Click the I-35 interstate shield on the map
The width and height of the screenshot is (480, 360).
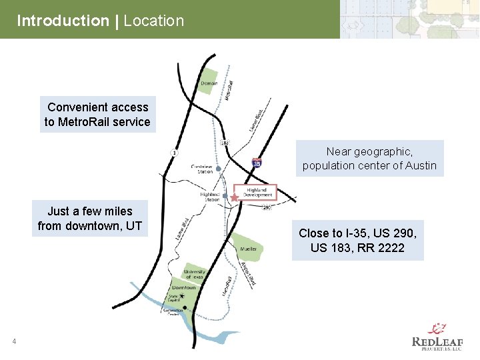pos(257,162)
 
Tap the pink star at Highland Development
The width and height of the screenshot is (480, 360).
pos(234,197)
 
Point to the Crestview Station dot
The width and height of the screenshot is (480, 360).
pos(218,169)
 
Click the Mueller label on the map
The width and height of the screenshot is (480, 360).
pos(248,249)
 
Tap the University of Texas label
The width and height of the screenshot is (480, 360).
pos(195,274)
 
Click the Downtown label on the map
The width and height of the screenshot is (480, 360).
pos(183,287)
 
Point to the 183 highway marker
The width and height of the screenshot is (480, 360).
pos(225,142)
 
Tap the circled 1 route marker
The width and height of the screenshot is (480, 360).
pos(174,153)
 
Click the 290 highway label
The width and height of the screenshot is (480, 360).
pos(267,207)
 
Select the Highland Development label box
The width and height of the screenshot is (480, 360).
pos(257,192)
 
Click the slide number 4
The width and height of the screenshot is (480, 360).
pos(13,342)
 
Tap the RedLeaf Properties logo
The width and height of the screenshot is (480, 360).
pos(437,337)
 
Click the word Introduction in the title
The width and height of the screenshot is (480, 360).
pos(63,21)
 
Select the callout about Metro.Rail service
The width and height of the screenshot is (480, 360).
pos(97,114)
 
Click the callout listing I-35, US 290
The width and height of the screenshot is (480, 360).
pos(358,241)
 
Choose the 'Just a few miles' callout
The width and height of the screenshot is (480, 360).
pos(90,219)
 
